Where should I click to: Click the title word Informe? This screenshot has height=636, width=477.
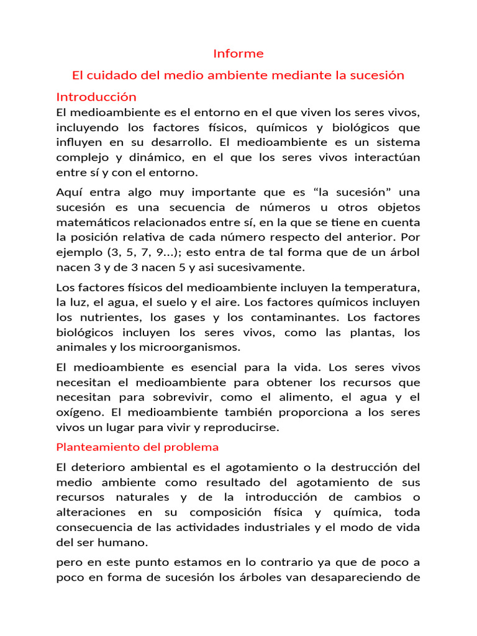[x=238, y=53]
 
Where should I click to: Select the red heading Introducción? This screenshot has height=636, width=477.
[x=96, y=97]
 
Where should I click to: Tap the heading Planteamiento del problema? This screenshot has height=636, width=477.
[x=137, y=447]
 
